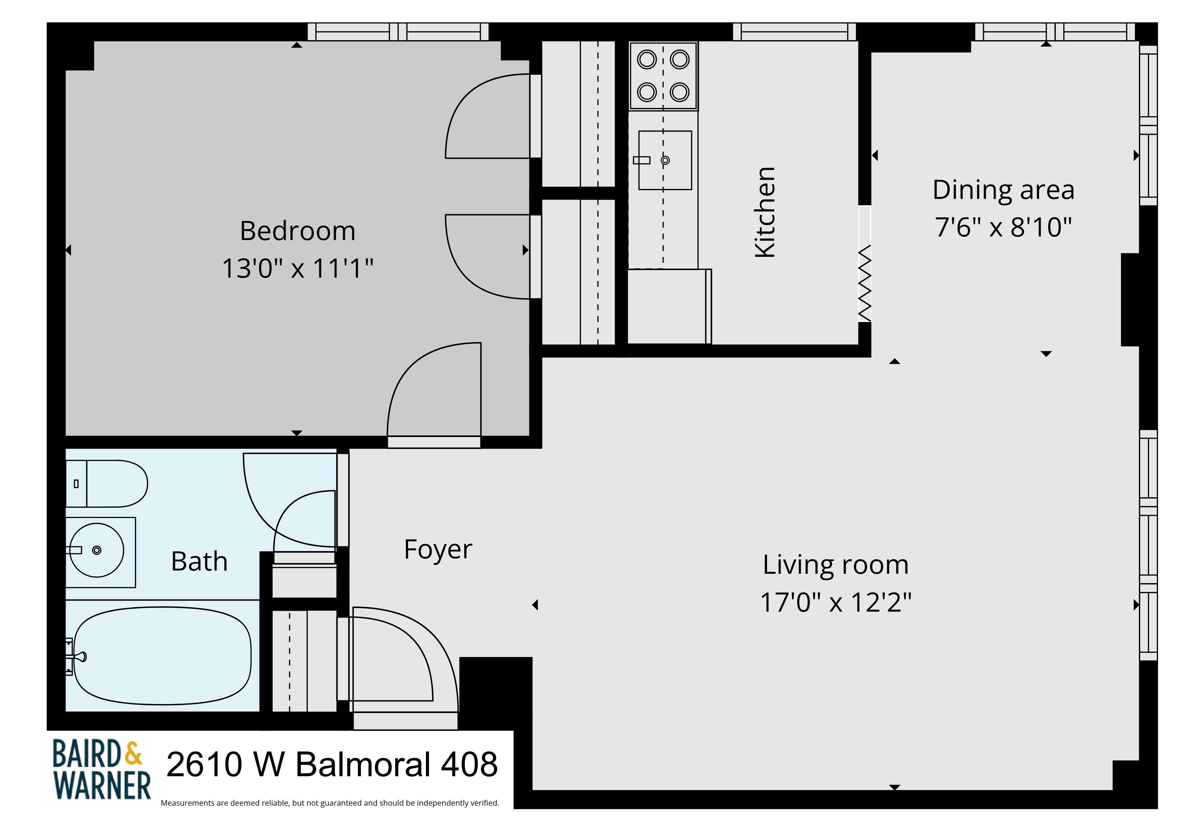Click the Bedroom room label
298,231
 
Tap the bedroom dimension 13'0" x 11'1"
298,269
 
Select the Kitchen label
765,212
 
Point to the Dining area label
1003,190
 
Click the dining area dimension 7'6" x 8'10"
1003,227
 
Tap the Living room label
835,565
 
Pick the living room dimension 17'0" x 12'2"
835,602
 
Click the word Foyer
438,550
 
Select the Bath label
199,561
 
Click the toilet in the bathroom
107,483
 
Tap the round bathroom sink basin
97,550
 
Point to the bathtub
162,656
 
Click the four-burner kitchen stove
663,76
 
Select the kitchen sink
665,160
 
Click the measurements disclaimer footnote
330,803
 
